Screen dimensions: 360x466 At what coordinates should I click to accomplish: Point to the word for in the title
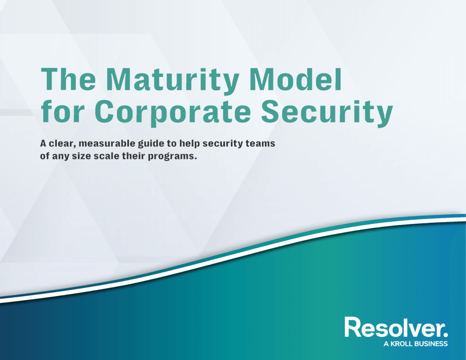[x=61, y=112]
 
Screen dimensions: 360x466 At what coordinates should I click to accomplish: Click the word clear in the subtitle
[x=62, y=144]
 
